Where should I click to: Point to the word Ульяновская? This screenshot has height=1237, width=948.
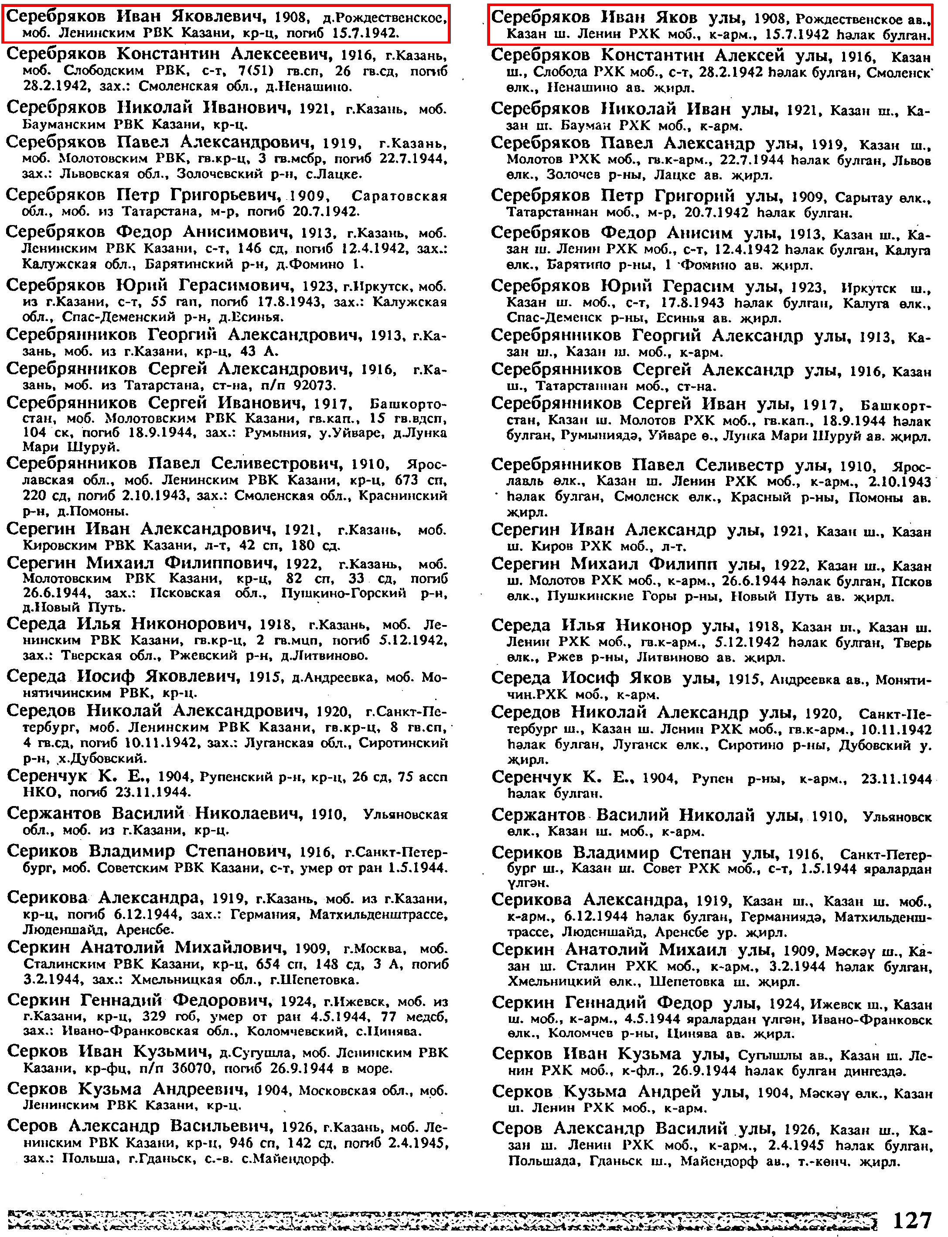pyautogui.click(x=405, y=814)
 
